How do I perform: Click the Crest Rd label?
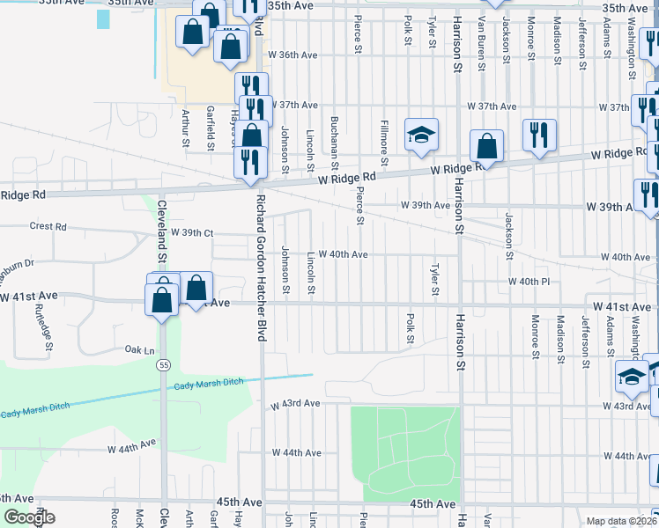(48, 226)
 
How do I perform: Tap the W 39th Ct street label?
(183, 234)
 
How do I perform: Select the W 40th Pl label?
(529, 282)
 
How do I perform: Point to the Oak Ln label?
(134, 349)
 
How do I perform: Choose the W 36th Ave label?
(292, 55)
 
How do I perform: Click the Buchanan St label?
(335, 138)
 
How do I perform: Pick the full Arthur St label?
(185, 127)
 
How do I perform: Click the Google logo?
(30, 518)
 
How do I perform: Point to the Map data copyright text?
(622, 521)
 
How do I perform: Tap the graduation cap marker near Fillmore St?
(421, 135)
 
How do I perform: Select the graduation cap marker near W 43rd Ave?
(631, 377)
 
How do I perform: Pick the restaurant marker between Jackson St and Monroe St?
(538, 135)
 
